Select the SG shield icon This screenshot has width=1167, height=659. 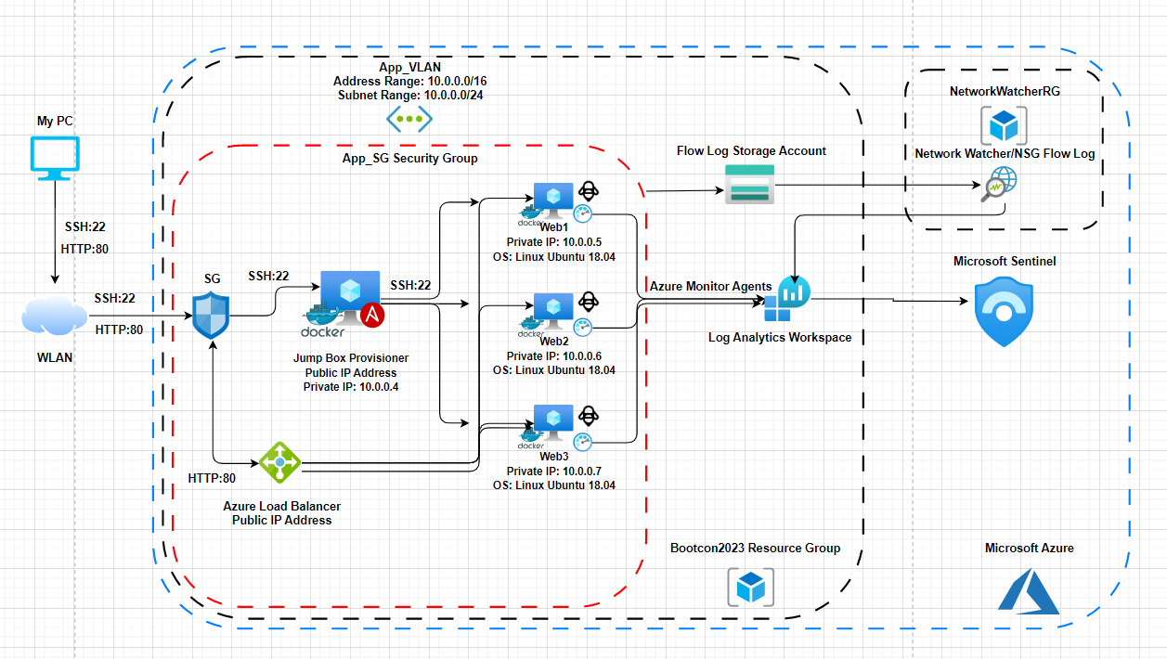[213, 316]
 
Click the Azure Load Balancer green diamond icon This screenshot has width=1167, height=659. [279, 461]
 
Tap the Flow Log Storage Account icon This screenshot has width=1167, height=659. [748, 183]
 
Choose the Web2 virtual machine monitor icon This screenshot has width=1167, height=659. [553, 310]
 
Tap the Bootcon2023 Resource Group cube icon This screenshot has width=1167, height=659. [749, 587]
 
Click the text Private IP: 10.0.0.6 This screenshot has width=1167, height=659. [554, 356]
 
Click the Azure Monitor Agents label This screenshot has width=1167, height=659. [710, 287]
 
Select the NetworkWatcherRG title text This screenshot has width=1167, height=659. [1004, 92]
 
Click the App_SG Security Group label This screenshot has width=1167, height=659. [409, 159]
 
